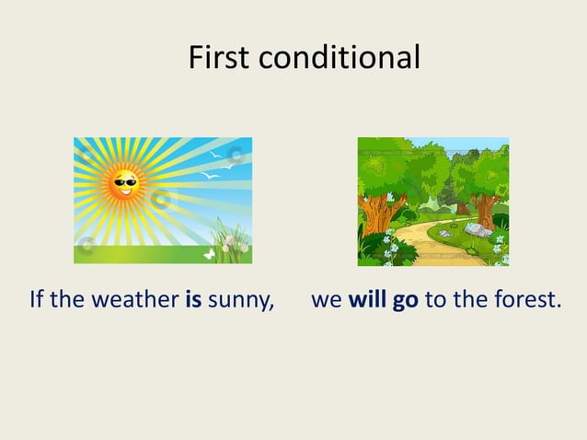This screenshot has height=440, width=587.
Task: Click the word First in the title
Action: (221, 58)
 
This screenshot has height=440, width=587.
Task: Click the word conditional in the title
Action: (340, 58)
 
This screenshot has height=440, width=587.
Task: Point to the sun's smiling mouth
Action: (124, 191)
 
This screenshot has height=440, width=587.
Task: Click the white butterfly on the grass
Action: (209, 251)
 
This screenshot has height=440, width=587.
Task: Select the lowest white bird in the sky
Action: (210, 175)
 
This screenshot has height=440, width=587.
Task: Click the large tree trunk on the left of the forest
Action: (375, 215)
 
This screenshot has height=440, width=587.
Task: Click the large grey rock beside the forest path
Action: (476, 229)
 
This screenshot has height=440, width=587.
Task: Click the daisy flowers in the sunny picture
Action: (232, 241)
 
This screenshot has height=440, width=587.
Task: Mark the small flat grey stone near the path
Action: (445, 234)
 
